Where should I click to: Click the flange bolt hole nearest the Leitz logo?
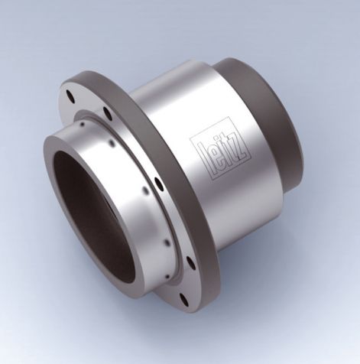[157, 183]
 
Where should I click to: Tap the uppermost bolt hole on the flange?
[70, 97]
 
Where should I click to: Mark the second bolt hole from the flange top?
[108, 115]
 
